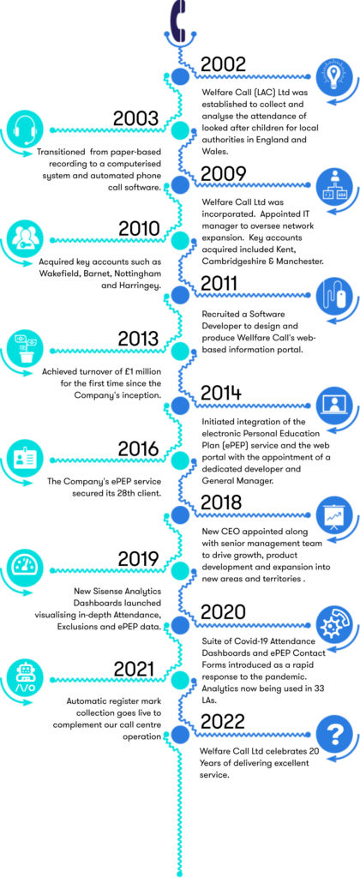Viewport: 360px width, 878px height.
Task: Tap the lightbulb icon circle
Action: pos(333,75)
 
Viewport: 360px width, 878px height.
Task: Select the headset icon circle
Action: pos(25,129)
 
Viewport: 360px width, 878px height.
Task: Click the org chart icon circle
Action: pos(333,185)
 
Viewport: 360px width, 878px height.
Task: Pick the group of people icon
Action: pos(25,238)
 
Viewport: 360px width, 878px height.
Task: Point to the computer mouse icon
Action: pos(333,295)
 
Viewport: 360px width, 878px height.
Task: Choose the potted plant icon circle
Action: pos(25,348)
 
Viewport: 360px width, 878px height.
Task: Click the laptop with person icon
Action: pos(333,404)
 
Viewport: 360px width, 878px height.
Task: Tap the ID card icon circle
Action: pos(25,458)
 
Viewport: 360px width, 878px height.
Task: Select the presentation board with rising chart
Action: pos(333,514)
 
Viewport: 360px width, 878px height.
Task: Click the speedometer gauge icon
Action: pos(25,567)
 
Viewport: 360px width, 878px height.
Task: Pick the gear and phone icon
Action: pos(333,624)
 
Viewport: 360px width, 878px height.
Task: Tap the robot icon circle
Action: pos(25,677)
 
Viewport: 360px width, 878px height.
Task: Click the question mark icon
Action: pos(333,734)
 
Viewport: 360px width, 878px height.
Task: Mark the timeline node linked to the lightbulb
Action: pos(180,77)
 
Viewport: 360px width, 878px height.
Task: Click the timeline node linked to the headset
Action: pos(179,131)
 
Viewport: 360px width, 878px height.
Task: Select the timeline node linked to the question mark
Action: pos(180,735)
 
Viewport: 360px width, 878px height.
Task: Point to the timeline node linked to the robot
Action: pos(179,680)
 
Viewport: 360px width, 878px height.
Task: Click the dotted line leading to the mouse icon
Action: pos(253,295)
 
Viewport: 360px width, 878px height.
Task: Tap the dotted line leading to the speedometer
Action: pos(107,570)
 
